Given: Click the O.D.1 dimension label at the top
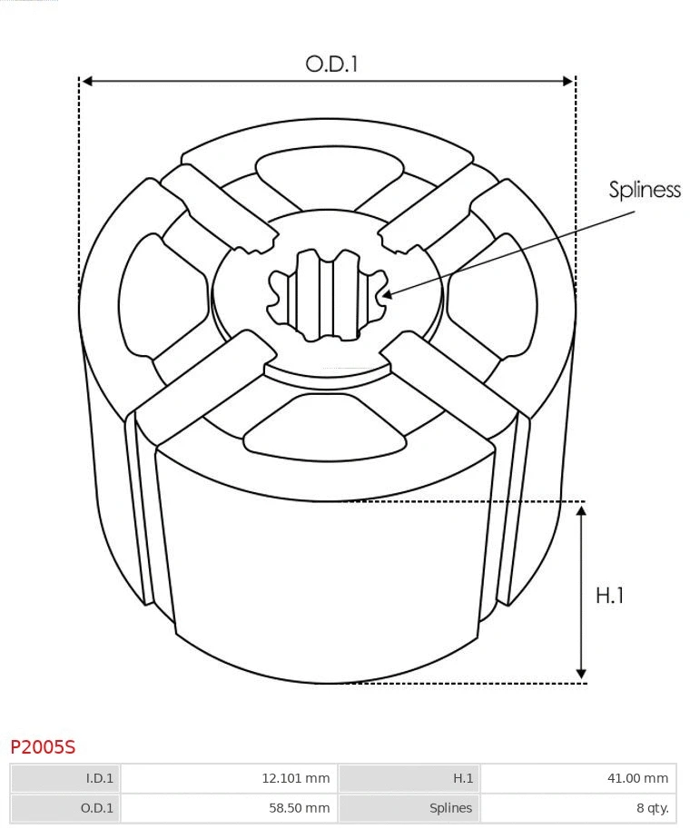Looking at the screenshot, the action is [331, 64].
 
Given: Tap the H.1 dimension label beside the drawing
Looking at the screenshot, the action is [610, 596].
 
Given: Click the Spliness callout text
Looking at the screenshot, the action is [645, 190].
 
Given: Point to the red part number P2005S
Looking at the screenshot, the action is [43, 747].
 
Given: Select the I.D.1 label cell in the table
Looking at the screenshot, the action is [65, 778].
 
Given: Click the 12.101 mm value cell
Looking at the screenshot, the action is [228, 778].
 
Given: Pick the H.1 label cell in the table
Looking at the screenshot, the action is [409, 778].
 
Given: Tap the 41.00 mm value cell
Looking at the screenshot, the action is [578, 778].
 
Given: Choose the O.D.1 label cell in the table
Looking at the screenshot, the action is [65, 808].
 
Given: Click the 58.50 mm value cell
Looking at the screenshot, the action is [228, 808].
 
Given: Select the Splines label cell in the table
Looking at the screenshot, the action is [409, 808].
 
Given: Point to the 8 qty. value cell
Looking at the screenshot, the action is [578, 808].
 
